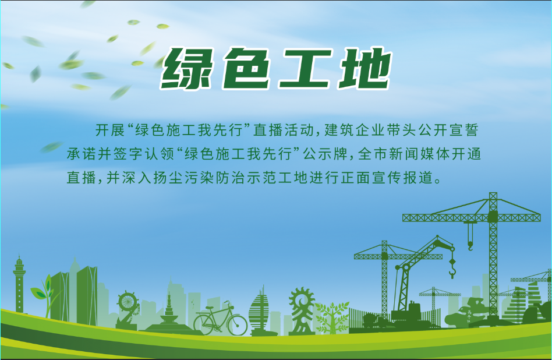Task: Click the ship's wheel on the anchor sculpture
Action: point(127,302)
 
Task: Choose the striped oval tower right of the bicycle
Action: point(260,314)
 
